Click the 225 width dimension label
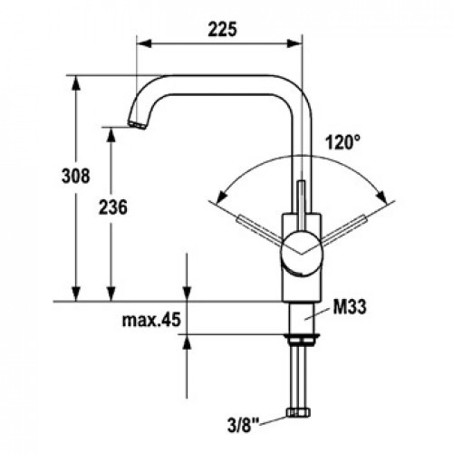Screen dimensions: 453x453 (223, 30)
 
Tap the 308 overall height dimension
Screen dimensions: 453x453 (76, 176)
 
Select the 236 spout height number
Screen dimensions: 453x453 (113, 207)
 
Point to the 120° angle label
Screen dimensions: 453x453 (343, 142)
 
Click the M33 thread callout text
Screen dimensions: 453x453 (350, 307)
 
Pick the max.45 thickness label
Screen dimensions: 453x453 (151, 320)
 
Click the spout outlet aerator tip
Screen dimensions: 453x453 (138, 125)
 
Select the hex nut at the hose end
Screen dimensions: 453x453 (299, 412)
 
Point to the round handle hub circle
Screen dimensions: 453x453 (302, 254)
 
